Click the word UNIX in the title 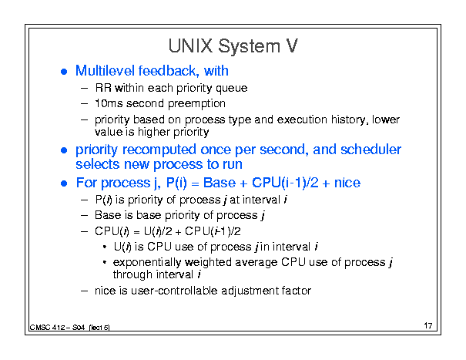point(190,46)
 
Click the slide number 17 point(428,325)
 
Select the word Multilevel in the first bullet point(105,71)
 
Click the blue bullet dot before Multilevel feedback point(64,72)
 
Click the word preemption point(196,104)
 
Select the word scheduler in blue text point(371,150)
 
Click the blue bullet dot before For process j point(64,183)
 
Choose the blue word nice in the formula point(347,183)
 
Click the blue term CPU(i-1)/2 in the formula point(285,183)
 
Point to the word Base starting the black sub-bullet point(104,215)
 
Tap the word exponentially point(147,262)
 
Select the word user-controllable point(174,291)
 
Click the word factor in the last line point(297,291)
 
